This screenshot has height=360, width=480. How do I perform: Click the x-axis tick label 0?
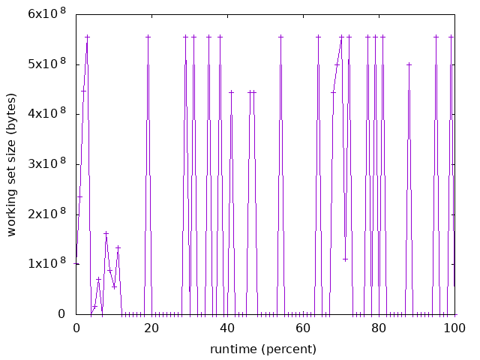(x=76, y=328)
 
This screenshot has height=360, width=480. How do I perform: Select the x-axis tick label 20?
(x=151, y=328)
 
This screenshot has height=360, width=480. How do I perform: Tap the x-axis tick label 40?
(x=227, y=328)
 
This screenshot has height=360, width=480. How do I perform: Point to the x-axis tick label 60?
(x=303, y=328)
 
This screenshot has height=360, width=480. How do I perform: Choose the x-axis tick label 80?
(x=379, y=328)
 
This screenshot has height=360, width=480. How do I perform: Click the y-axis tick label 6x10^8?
(x=46, y=13)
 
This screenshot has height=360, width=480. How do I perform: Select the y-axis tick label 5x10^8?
(x=46, y=64)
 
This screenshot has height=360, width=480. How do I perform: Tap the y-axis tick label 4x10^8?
(x=46, y=114)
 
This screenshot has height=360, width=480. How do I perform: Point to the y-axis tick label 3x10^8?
(x=46, y=163)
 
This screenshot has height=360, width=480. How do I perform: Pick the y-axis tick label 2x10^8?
(x=46, y=214)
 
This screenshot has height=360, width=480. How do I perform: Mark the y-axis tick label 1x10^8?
(x=46, y=264)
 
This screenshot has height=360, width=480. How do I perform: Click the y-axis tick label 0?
(x=62, y=313)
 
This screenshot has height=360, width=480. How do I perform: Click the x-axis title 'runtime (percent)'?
(x=262, y=349)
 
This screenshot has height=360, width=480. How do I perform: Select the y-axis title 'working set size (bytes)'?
(x=12, y=164)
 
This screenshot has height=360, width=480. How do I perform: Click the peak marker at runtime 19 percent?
(x=148, y=37)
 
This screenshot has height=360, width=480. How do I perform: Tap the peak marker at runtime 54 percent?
(x=280, y=37)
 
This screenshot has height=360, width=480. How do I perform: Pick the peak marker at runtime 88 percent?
(x=409, y=64)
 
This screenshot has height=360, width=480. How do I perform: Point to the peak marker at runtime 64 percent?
(x=319, y=37)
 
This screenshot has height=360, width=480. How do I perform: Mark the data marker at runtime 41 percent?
(x=231, y=92)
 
